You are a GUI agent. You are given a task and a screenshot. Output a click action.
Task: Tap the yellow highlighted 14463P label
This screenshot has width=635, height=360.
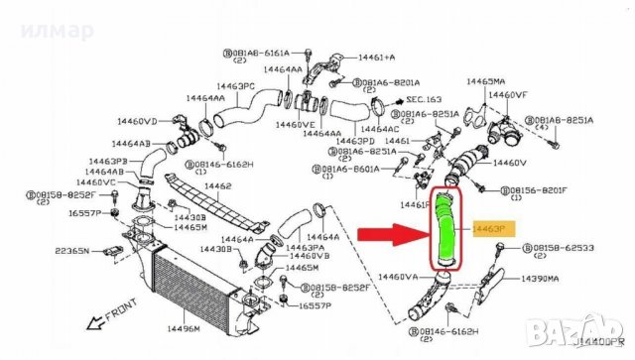tap(494, 228)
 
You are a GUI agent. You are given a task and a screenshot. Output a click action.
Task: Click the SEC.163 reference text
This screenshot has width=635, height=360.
tap(423, 99)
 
